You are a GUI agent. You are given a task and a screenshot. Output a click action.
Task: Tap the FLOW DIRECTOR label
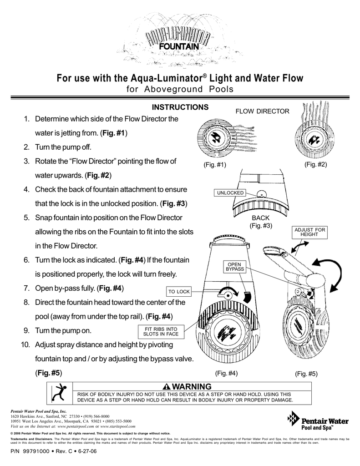pos(262,111)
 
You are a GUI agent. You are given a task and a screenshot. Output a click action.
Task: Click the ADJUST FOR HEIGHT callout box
pos(309,232)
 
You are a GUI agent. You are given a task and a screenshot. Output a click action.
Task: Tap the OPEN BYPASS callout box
pos(234,267)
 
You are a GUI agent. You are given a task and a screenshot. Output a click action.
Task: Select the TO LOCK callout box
pos(179,291)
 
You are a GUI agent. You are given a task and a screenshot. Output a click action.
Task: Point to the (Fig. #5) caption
pos(306,374)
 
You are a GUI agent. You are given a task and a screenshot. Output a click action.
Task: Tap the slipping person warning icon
pos(60,393)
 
